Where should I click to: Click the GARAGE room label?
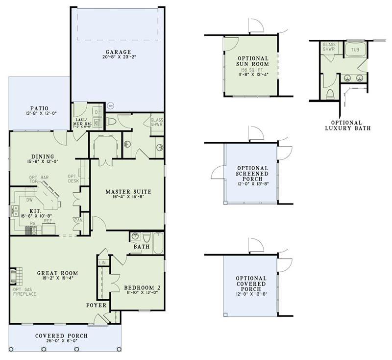tap(118, 51)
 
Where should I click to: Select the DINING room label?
tap(43, 156)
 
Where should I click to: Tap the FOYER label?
tap(97, 305)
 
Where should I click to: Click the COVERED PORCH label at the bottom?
tap(61, 336)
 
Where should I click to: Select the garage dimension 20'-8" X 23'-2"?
tap(118, 57)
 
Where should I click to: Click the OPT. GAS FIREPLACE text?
tap(23, 293)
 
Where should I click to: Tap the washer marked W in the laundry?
tap(97, 121)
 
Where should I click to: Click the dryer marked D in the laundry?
tap(97, 112)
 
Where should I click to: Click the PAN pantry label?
tap(78, 220)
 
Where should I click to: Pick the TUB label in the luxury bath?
tap(354, 50)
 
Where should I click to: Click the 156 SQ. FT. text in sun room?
tap(252, 70)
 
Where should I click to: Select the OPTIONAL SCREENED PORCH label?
tap(252, 173)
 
